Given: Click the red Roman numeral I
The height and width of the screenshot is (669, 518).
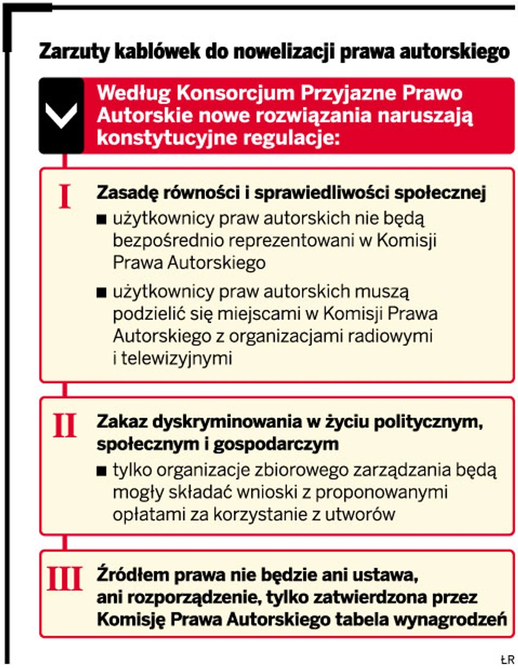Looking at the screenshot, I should (x=64, y=196).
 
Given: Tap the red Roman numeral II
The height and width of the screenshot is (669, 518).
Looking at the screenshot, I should (x=64, y=425).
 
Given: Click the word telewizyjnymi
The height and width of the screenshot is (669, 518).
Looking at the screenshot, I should (x=172, y=358).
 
